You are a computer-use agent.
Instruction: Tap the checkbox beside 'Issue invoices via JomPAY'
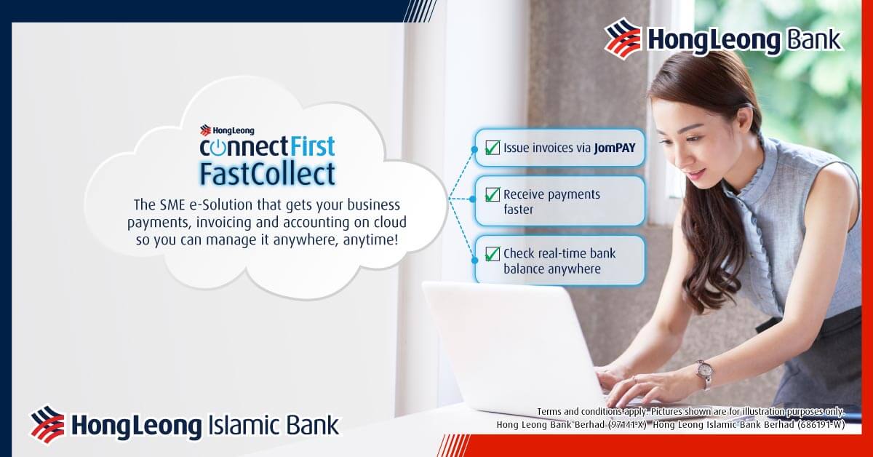click(x=493, y=148)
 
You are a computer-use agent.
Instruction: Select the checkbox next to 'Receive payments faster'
click(x=493, y=194)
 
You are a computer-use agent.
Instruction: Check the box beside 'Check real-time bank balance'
click(x=493, y=254)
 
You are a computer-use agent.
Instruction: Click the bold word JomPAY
click(x=615, y=148)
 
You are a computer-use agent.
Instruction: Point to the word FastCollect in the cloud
click(x=268, y=173)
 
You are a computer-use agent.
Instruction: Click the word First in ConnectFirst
click(x=312, y=146)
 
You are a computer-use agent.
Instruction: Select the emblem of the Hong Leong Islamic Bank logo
click(x=47, y=424)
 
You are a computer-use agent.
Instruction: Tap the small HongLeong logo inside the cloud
click(x=227, y=130)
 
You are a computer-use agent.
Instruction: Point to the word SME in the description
click(x=172, y=204)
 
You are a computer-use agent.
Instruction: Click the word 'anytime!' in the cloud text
click(x=370, y=240)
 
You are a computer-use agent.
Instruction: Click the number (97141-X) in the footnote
click(x=627, y=425)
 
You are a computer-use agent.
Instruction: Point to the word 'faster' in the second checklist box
click(x=518, y=210)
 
